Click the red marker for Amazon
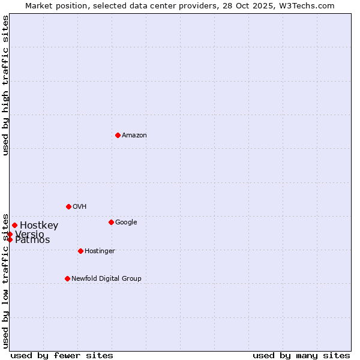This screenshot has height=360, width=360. pos(118,135)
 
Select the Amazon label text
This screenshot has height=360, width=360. pos(134,136)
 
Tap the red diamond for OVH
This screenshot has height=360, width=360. pos(68,206)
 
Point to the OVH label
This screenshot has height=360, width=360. pos(80,207)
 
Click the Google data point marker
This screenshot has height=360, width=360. pos(111,222)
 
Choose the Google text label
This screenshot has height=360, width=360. pos(126,223)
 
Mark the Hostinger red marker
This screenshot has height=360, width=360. pos(80,251)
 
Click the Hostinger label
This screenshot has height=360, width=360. pos(100,251)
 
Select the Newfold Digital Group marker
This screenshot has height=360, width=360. pos(67,278)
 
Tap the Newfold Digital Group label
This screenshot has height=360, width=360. pos(106,279)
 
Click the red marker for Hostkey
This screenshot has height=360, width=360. pos(14,225)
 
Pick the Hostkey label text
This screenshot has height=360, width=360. pos(39,226)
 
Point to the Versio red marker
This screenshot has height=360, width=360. pos(10,234)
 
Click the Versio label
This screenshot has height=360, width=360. pos(29,234)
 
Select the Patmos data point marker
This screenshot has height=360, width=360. pos(10,239)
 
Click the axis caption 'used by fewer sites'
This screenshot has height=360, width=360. pos(62,355)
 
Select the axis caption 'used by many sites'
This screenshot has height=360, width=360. pos(301,355)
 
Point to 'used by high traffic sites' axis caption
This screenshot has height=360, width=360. pos(6,85)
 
